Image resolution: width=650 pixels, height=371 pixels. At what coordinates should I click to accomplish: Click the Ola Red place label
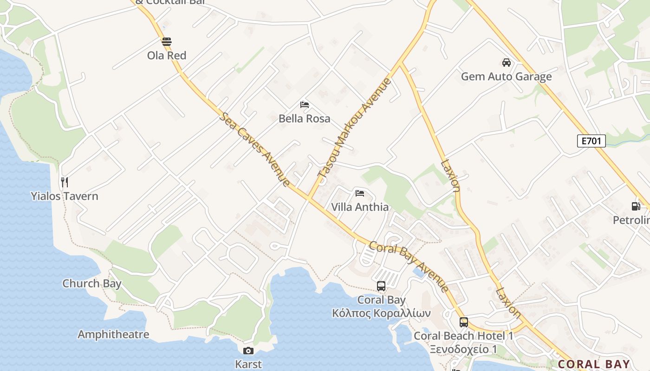tap(167, 56)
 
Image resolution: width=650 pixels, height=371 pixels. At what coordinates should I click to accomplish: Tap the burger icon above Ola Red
tap(167, 42)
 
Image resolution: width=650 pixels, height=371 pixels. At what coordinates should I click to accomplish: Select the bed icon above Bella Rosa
tap(305, 105)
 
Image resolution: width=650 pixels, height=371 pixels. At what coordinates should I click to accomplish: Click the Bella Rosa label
tap(305, 119)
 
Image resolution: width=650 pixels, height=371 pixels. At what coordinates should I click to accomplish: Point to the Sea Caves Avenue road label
tap(255, 150)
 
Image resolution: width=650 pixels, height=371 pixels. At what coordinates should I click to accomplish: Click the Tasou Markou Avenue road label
tap(355, 128)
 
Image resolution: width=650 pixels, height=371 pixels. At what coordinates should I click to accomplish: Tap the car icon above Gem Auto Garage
tap(506, 63)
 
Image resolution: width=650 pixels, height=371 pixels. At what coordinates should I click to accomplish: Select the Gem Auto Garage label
tap(506, 77)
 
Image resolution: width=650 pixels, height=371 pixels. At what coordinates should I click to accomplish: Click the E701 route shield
tap(591, 141)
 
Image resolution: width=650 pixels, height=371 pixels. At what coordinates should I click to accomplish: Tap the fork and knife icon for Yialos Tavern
tap(65, 182)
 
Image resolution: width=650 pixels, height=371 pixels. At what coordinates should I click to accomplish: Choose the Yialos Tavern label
tap(65, 196)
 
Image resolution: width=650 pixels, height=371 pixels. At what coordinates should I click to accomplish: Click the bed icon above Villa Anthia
tap(360, 193)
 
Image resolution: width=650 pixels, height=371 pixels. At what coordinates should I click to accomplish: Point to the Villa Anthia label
tap(360, 207)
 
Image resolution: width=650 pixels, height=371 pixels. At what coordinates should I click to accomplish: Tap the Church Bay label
tap(92, 283)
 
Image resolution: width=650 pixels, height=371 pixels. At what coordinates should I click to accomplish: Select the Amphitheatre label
tap(113, 334)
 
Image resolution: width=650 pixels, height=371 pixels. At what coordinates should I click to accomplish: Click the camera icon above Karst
tap(248, 351)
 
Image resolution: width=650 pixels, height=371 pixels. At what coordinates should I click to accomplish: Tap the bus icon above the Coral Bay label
tap(381, 286)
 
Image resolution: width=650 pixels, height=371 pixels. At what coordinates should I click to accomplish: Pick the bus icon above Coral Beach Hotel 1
tap(463, 322)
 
